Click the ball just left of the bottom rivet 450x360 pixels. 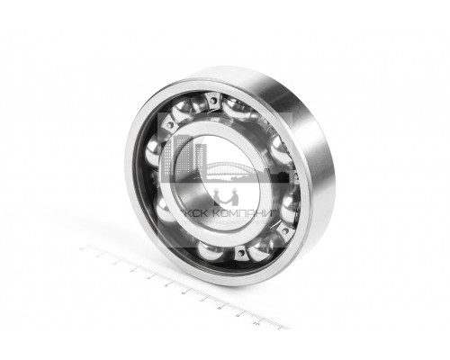tap(212, 251)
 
